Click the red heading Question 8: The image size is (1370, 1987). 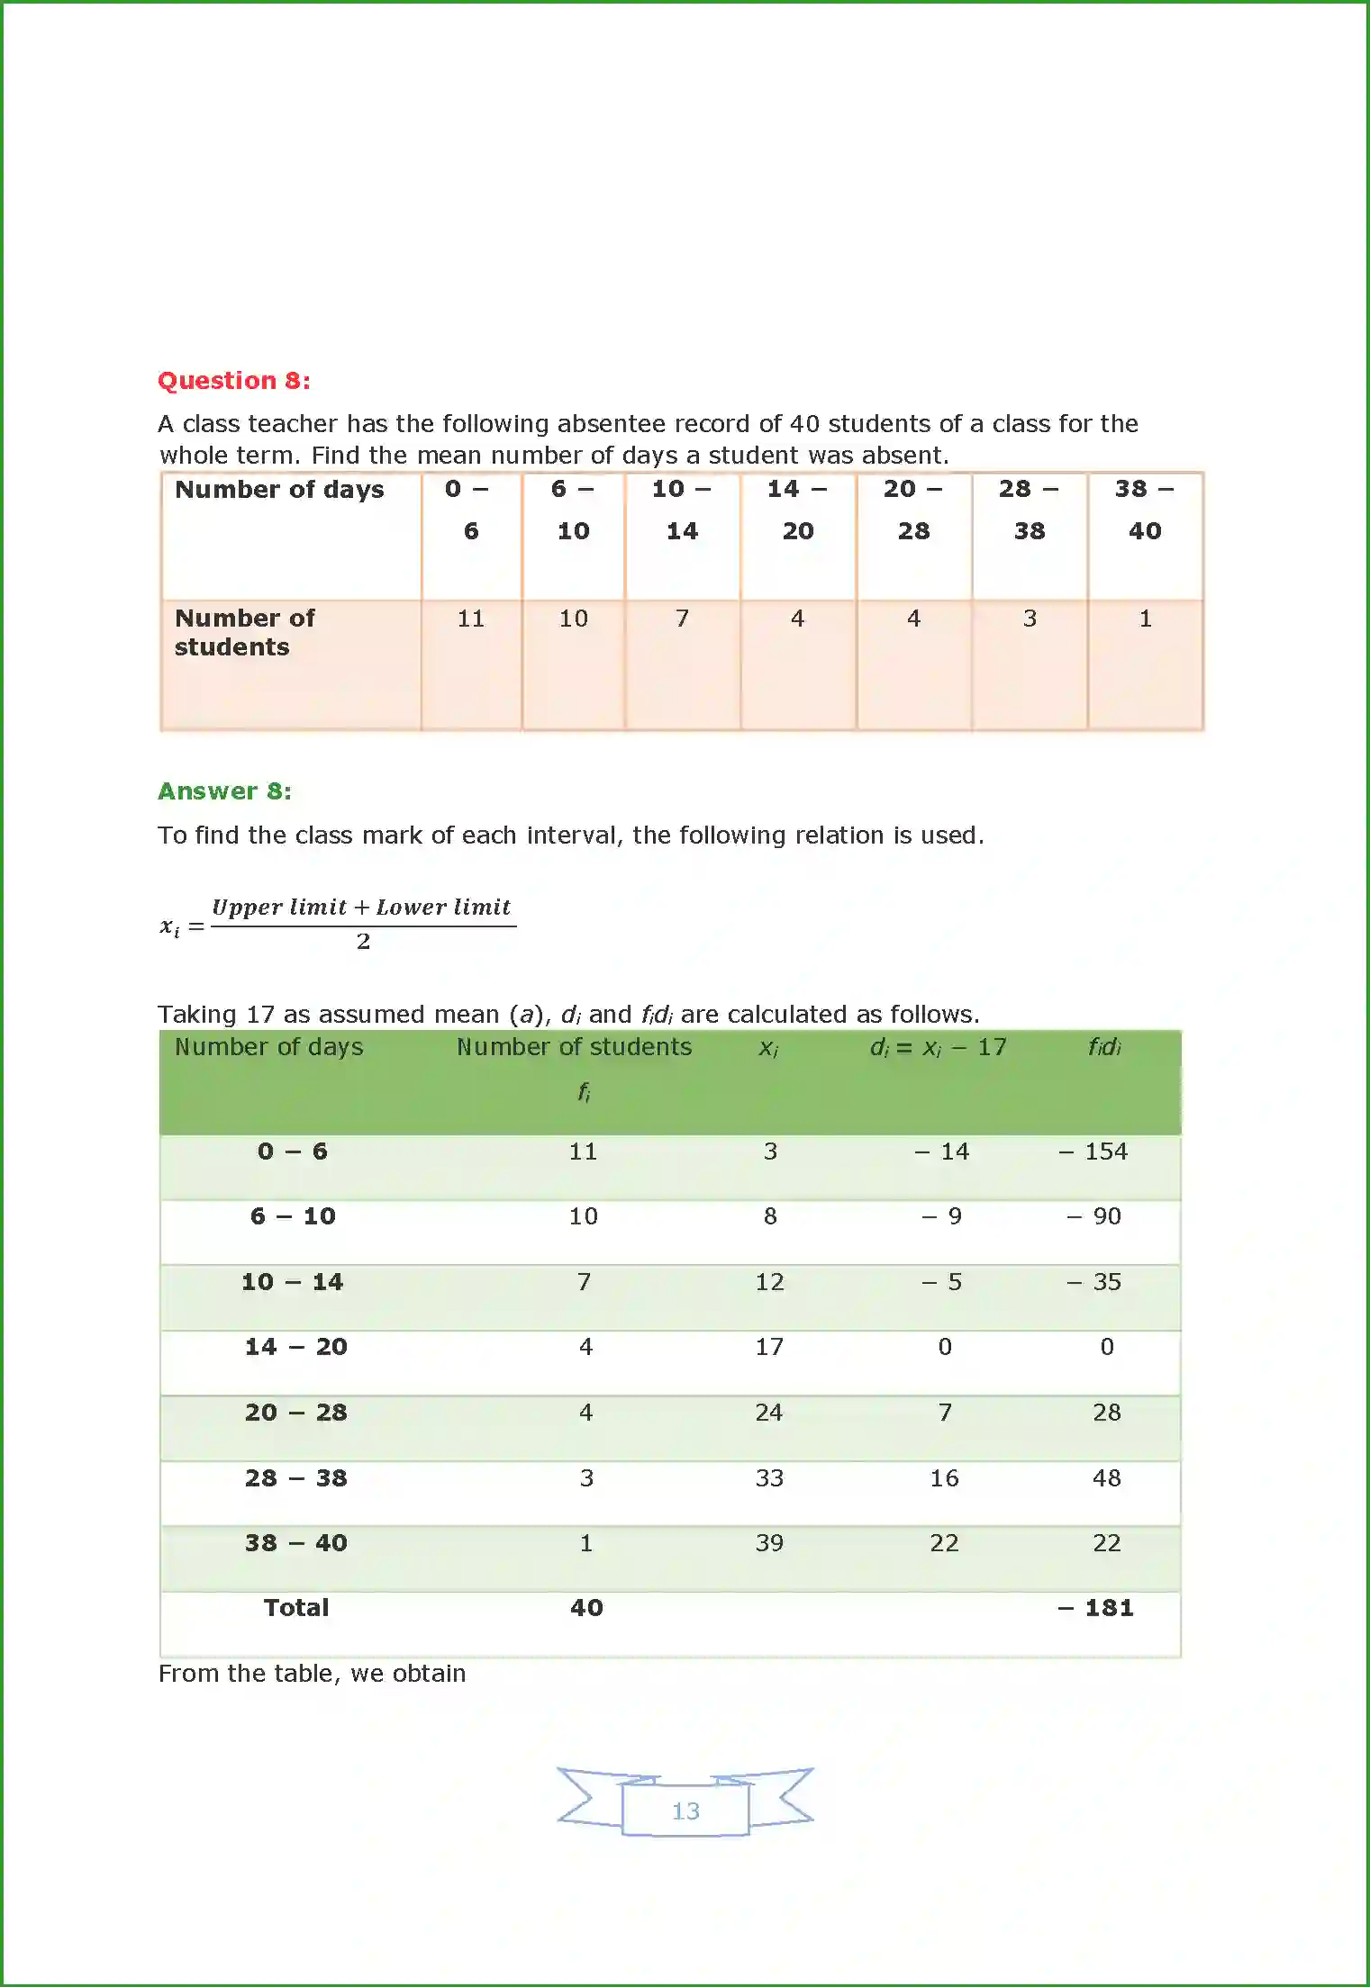point(233,381)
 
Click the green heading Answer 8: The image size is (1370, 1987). point(224,791)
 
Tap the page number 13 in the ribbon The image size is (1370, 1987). point(685,1811)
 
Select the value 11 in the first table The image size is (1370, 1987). point(470,619)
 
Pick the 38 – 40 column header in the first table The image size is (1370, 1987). point(1144,509)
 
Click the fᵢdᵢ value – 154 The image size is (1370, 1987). point(1093,1152)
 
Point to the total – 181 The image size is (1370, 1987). point(1095,1608)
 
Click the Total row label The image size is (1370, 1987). point(295,1608)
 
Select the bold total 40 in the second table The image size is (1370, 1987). point(585,1608)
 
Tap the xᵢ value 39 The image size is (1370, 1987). point(768,1543)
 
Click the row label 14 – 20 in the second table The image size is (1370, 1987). point(295,1347)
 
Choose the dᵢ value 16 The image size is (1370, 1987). point(943,1478)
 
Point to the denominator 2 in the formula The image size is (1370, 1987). point(363,942)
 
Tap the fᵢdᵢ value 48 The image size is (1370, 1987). point(1106,1478)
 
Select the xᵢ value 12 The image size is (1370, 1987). point(768,1282)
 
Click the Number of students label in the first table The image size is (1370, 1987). point(244,632)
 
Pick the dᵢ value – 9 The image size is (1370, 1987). point(941,1216)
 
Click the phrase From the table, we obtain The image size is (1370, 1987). point(312,1674)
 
